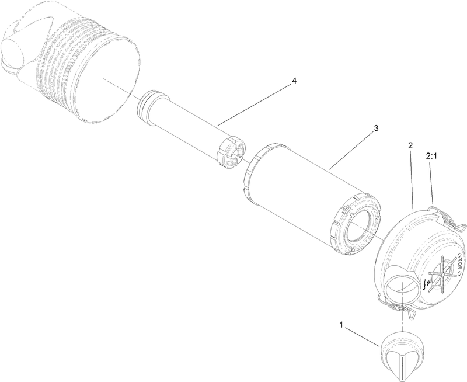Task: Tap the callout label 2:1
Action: pos(432,156)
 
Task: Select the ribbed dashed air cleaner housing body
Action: pos(88,70)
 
